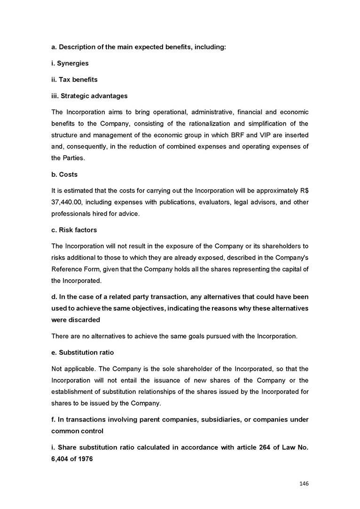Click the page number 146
tap(303, 483)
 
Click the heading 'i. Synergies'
tap(70, 63)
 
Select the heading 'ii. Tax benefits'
tap(74, 79)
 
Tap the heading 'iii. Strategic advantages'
tap(89, 96)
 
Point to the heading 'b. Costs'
tap(64, 174)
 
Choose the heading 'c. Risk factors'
tap(74, 230)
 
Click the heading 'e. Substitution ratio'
tap(83, 352)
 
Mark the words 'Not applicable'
tap(70, 368)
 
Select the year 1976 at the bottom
tap(85, 458)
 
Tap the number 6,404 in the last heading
tap(61, 458)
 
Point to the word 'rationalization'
tap(199, 124)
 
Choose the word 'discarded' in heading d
tap(85, 320)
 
